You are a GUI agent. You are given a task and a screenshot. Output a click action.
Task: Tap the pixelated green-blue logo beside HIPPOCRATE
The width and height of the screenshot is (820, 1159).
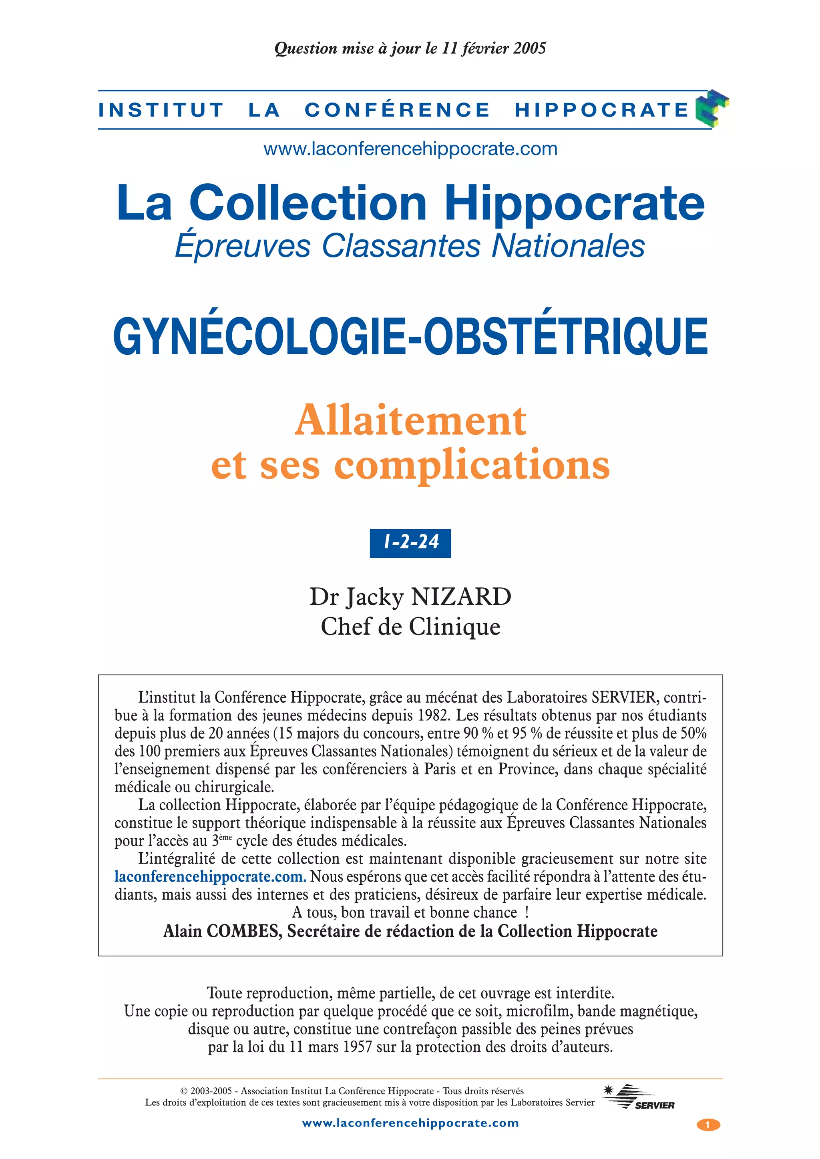712,108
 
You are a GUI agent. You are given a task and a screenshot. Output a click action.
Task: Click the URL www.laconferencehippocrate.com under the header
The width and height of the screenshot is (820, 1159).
410,149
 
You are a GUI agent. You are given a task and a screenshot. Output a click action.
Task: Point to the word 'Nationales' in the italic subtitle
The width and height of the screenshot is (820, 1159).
568,246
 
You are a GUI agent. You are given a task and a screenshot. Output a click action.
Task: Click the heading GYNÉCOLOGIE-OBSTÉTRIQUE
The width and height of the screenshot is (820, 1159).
410,337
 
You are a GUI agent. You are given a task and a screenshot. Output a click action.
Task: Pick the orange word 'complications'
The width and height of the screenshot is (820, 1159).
472,465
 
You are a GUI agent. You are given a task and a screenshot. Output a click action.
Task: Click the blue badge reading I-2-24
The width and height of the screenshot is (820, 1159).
410,543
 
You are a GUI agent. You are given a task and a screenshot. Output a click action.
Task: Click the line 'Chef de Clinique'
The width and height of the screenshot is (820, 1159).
410,627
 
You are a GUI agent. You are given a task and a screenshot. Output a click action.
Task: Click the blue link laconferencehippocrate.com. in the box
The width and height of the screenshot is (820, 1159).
211,876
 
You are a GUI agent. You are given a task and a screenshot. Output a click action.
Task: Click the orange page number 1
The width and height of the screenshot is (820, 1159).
708,1125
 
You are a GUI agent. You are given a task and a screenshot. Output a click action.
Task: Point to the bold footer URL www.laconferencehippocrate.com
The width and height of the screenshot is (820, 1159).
410,1123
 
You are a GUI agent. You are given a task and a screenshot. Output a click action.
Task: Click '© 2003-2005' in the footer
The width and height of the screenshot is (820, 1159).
205,1091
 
